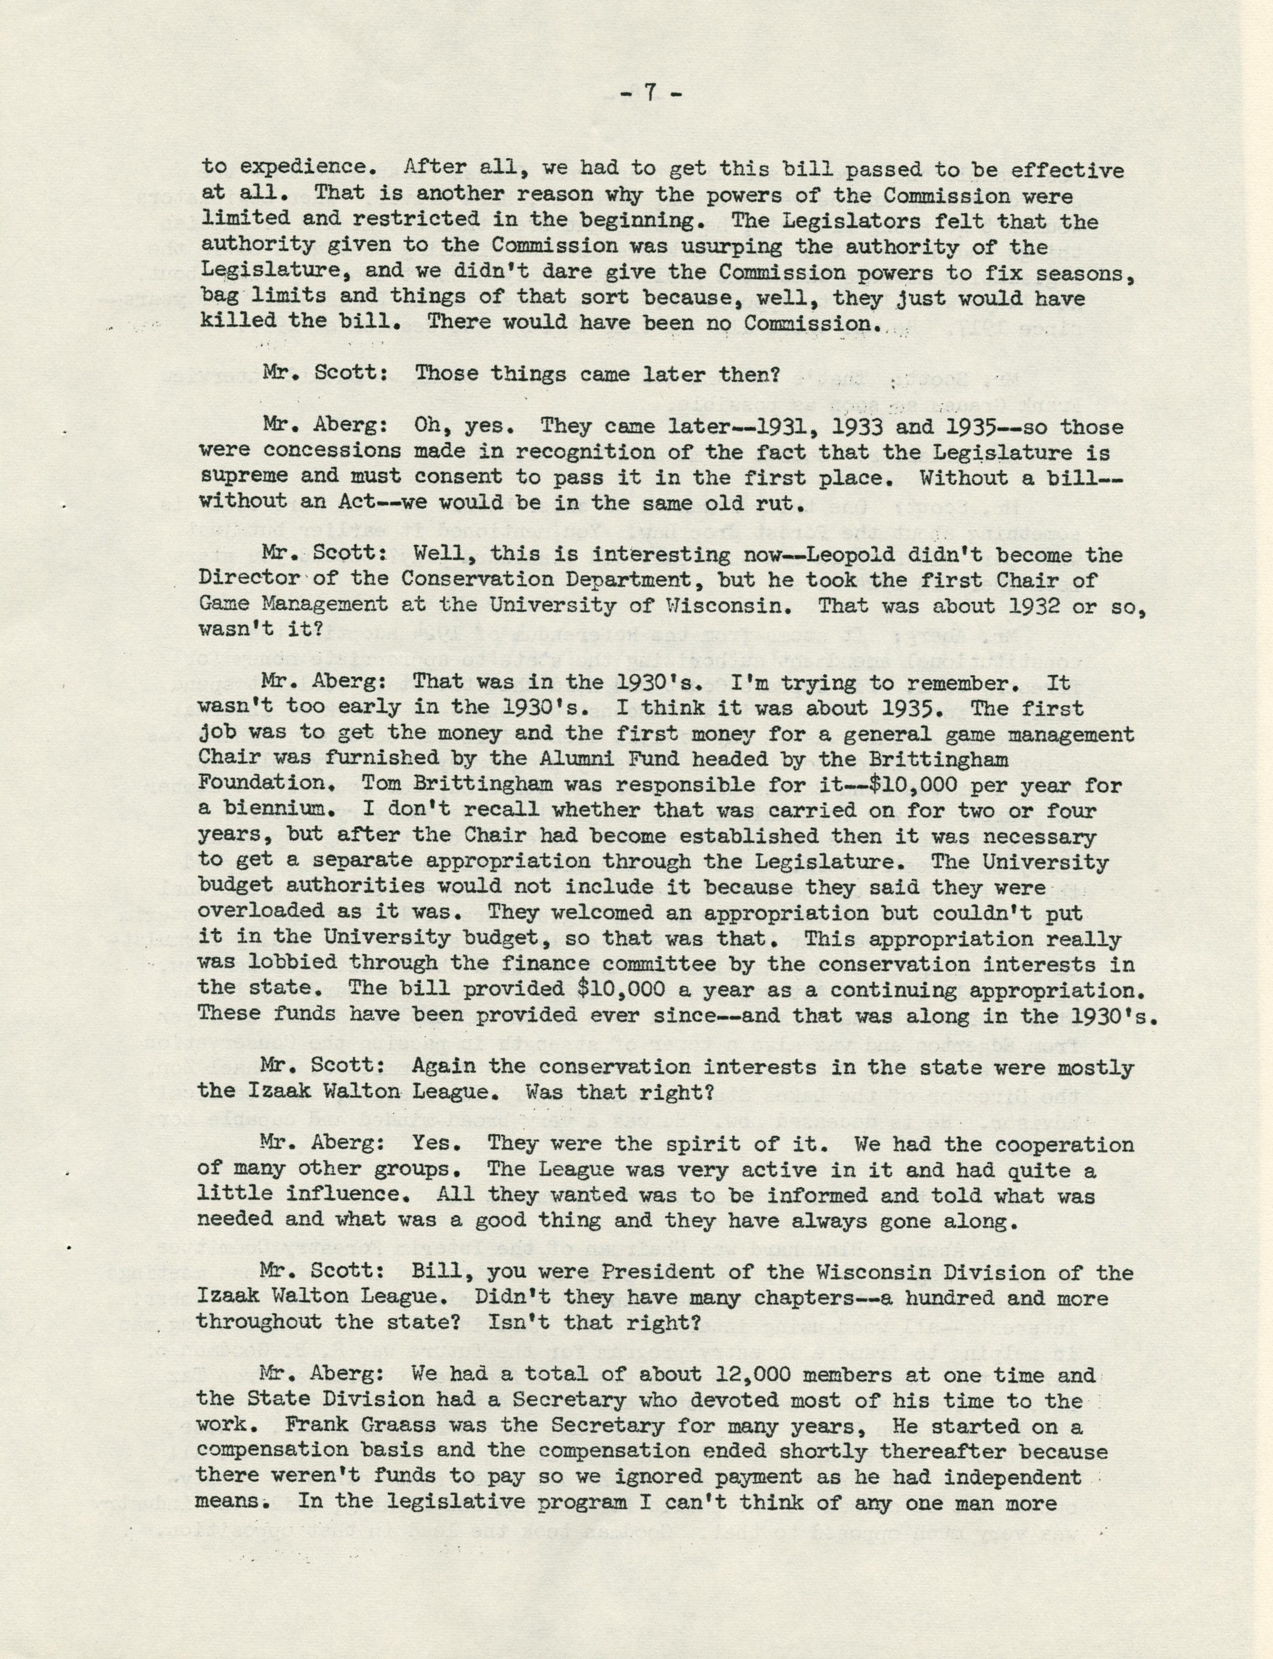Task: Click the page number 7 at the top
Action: tap(650, 93)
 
